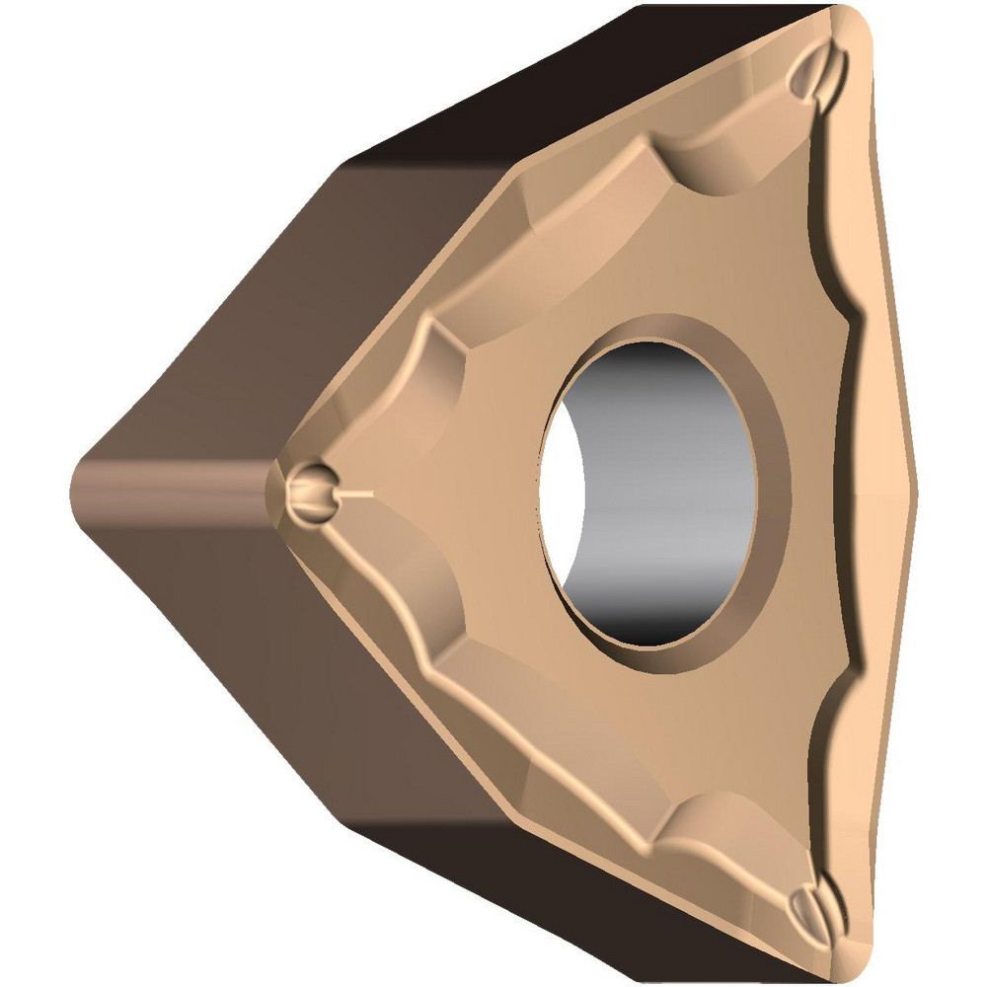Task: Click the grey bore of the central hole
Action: tap(671, 474)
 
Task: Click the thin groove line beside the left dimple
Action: tap(357, 493)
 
